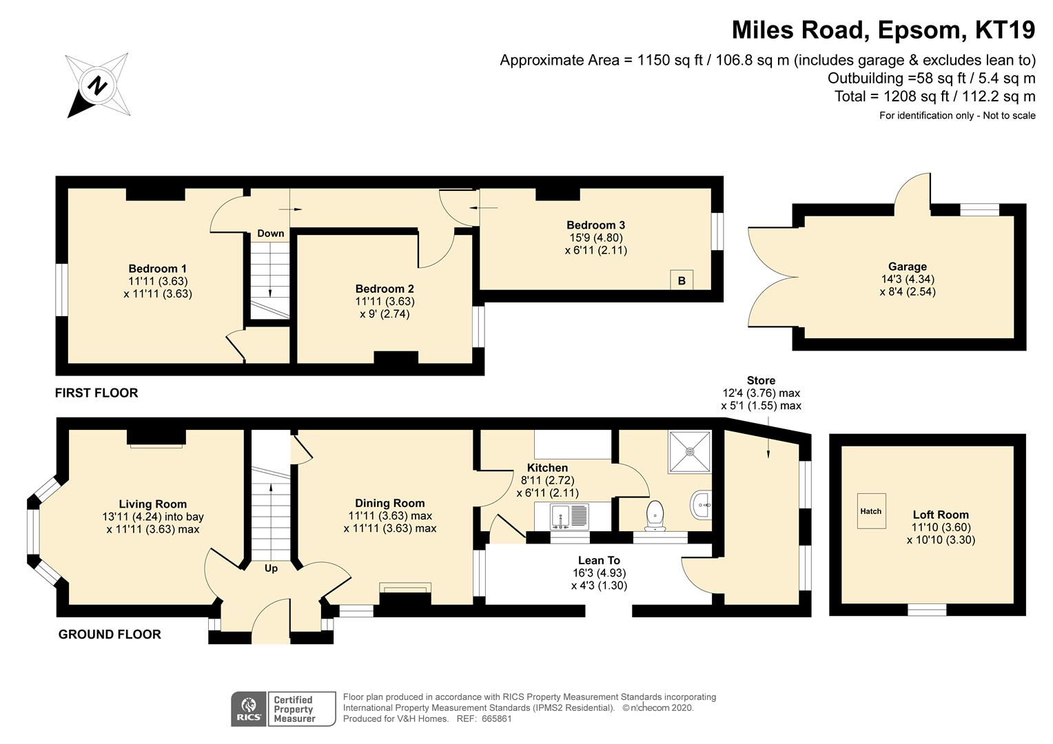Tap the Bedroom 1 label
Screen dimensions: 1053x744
pyautogui.click(x=158, y=269)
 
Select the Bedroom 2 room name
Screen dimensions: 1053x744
pyautogui.click(x=385, y=289)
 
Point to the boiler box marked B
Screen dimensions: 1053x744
pyautogui.click(x=682, y=280)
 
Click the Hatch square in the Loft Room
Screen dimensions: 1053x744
pyautogui.click(x=871, y=511)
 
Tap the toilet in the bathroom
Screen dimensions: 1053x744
pyautogui.click(x=655, y=516)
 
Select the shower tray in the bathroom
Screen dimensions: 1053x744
pyautogui.click(x=690, y=452)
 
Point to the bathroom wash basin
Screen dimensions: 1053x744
pyautogui.click(x=702, y=505)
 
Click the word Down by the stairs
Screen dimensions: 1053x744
pyautogui.click(x=271, y=233)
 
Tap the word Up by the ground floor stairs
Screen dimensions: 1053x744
pyautogui.click(x=271, y=568)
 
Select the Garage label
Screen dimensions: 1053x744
pyautogui.click(x=908, y=267)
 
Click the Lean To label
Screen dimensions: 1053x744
pyautogui.click(x=599, y=560)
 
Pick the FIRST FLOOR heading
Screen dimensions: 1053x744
pyautogui.click(x=96, y=393)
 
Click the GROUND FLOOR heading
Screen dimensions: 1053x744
pyautogui.click(x=110, y=634)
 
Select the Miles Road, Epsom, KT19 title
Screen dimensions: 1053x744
pyautogui.click(x=883, y=30)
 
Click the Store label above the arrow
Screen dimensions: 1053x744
pyautogui.click(x=761, y=380)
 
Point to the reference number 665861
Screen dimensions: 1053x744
pyautogui.click(x=496, y=719)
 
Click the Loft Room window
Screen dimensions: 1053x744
pyautogui.click(x=927, y=610)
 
